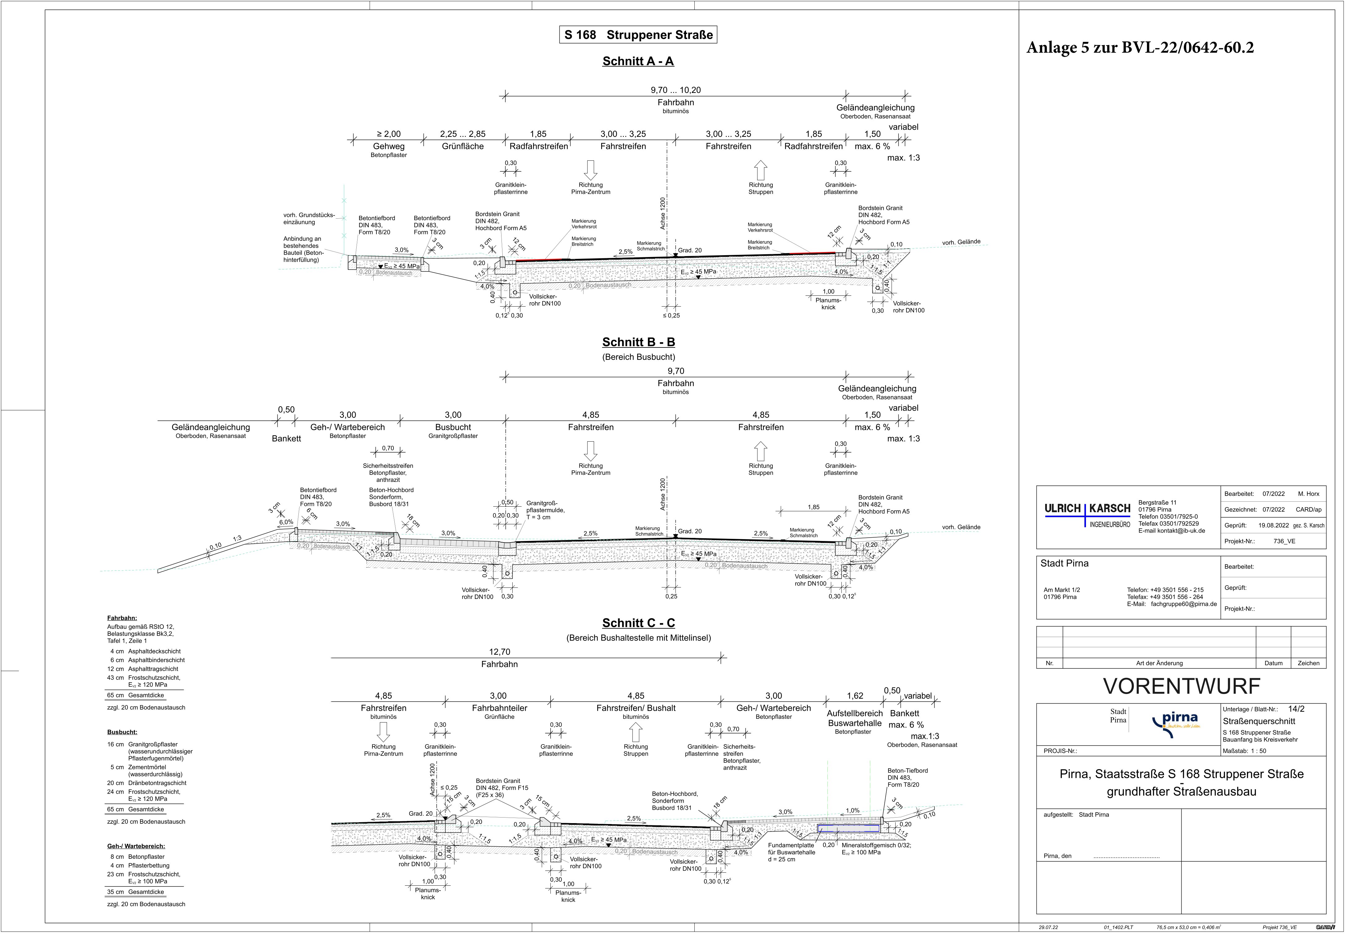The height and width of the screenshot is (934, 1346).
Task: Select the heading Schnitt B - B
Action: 638,342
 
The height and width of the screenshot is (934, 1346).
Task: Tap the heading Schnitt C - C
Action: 638,623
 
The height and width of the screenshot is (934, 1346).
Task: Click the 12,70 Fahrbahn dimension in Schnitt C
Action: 500,658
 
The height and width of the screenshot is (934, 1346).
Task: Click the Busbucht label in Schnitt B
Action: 453,427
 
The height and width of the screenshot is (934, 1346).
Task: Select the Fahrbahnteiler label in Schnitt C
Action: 499,708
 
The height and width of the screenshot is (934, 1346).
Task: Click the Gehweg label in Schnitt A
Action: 389,146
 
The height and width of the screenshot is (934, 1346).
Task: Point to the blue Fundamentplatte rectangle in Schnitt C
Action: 848,829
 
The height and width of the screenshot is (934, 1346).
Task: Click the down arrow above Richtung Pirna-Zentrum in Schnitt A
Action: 590,170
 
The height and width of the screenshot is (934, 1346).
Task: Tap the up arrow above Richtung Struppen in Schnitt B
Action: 760,451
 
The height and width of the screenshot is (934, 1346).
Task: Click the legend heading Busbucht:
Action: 122,732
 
